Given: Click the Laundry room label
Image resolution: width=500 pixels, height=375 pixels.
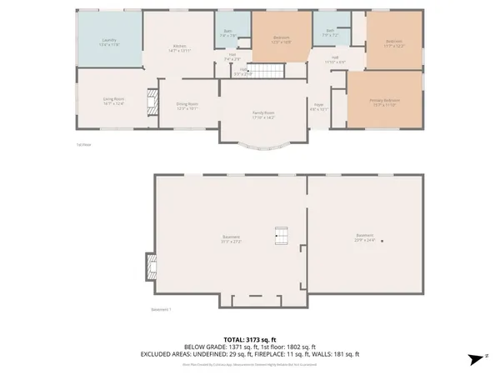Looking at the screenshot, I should (109, 41).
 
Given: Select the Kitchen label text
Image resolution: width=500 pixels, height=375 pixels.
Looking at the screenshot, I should (179, 47).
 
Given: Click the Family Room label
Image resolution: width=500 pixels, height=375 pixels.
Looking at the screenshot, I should (264, 115).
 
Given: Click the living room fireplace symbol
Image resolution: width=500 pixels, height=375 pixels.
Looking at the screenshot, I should (152, 103).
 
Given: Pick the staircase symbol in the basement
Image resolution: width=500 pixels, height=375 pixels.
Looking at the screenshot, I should (282, 238).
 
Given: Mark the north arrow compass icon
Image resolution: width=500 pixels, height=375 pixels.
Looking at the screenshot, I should (476, 358).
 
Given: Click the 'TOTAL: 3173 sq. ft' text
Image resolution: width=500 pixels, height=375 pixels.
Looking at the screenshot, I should (250, 339).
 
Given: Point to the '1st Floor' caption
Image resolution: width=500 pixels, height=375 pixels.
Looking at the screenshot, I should (84, 143).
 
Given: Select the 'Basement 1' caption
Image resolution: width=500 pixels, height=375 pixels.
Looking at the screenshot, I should (162, 310).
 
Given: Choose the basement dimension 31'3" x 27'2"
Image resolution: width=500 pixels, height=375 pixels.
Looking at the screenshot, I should (232, 240).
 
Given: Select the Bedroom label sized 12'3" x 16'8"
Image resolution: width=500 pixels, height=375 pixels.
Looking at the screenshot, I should (282, 39).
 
